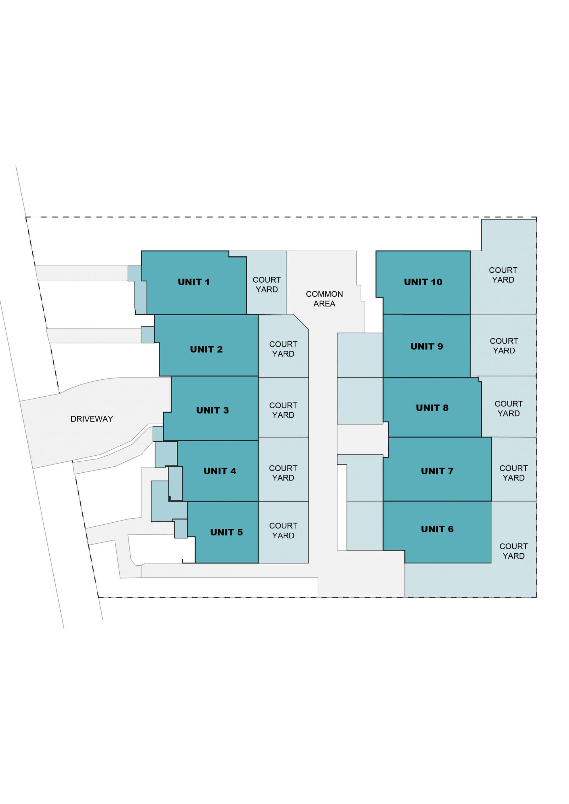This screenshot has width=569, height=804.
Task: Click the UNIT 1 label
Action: pyautogui.click(x=194, y=282)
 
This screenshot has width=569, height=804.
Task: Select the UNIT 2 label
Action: pyautogui.click(x=206, y=349)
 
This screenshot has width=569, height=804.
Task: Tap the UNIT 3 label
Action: pyautogui.click(x=212, y=410)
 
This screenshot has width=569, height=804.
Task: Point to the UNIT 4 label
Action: pyautogui.click(x=220, y=471)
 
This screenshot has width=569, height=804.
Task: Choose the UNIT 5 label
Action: pyautogui.click(x=226, y=532)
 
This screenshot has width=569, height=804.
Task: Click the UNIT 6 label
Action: pyautogui.click(x=437, y=529)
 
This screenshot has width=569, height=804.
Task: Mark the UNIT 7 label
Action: pyautogui.click(x=437, y=471)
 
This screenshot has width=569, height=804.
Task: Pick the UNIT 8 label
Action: pyautogui.click(x=432, y=408)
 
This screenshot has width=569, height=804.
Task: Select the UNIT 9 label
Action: pyautogui.click(x=426, y=346)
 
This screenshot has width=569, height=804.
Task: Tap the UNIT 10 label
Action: pyautogui.click(x=423, y=282)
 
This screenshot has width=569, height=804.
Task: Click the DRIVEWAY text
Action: pyautogui.click(x=92, y=419)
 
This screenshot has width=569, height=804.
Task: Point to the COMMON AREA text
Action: pyautogui.click(x=324, y=299)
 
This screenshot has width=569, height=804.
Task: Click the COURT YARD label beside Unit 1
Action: pyautogui.click(x=267, y=284)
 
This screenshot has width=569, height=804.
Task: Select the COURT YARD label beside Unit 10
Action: pyautogui.click(x=503, y=275)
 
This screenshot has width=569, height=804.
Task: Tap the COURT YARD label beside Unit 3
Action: pyautogui.click(x=283, y=410)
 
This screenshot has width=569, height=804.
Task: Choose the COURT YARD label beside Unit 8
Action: pyautogui.click(x=508, y=408)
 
